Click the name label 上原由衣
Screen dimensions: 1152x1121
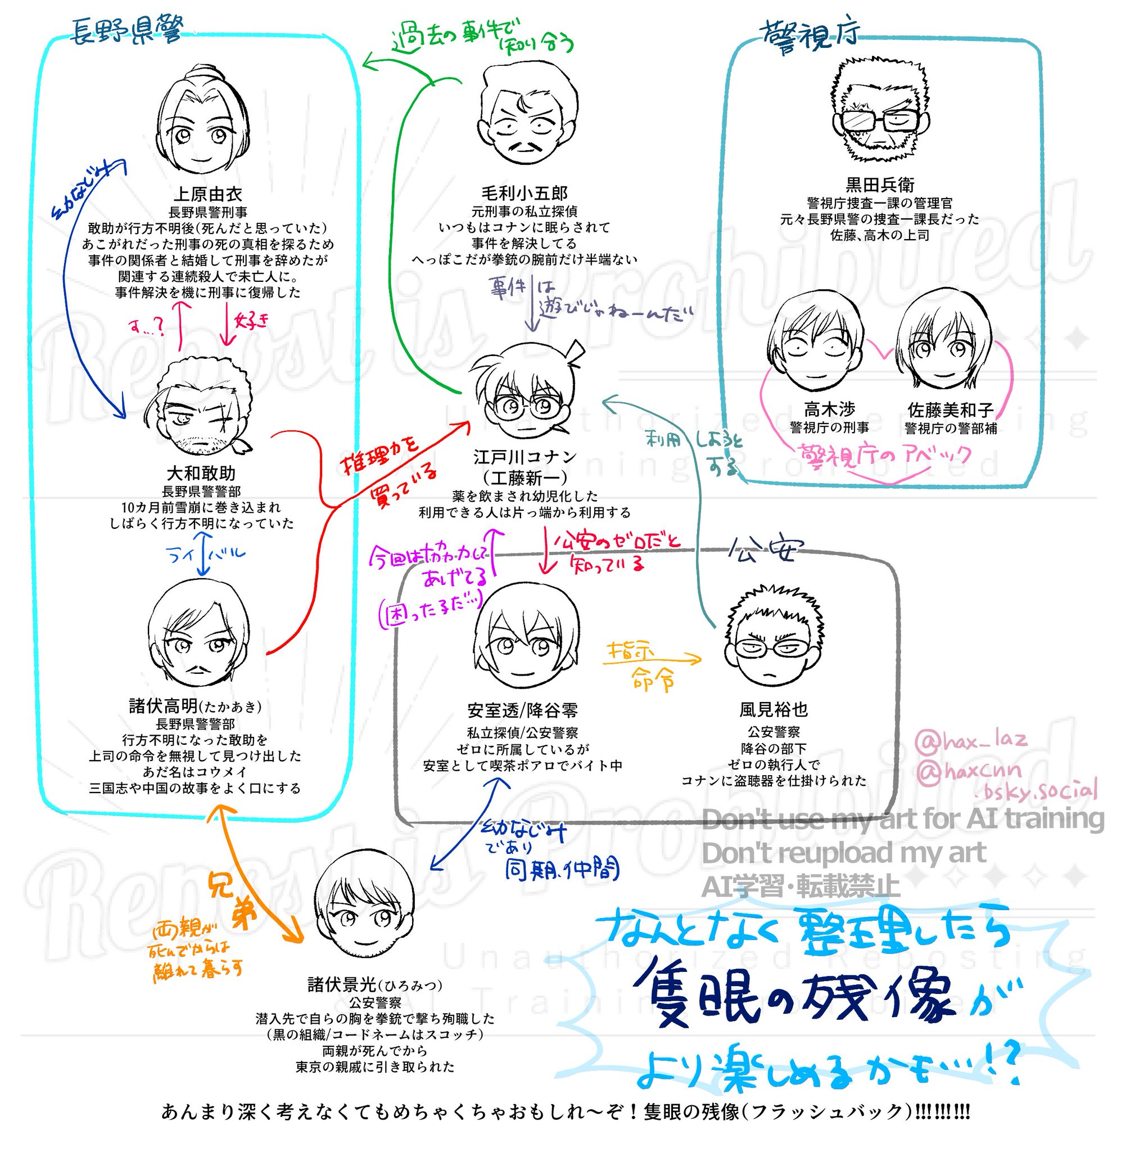tap(207, 193)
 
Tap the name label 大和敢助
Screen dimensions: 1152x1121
tap(201, 473)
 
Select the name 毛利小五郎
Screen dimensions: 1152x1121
tap(524, 193)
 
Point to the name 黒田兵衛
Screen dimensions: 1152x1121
tap(880, 185)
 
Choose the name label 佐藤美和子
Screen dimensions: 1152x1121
tap(950, 410)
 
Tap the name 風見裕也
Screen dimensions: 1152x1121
tap(773, 709)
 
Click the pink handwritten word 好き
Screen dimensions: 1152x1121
tap(251, 321)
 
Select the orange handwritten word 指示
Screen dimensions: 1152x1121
tap(631, 651)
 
